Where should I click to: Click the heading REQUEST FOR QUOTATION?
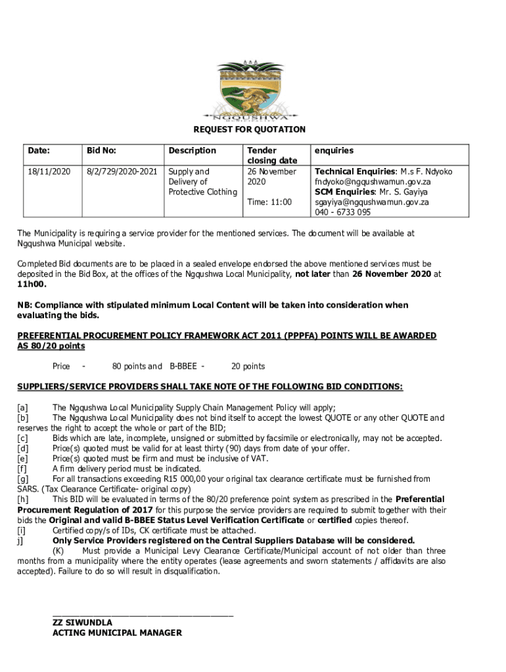tap(249, 130)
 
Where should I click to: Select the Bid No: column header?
tap(102, 150)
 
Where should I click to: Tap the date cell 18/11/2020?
tap(49, 171)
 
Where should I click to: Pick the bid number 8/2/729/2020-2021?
tap(122, 171)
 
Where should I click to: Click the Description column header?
tap(192, 150)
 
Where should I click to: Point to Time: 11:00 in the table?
tap(269, 202)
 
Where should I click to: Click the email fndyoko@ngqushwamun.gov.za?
tap(373, 182)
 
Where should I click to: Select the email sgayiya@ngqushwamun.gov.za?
tap(372, 202)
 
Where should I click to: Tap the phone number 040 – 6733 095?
tap(342, 213)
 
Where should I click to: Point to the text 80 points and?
tap(137, 366)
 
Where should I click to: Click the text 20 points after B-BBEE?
tap(248, 366)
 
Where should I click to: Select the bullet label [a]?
tap(23, 408)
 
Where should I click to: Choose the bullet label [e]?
tap(23, 459)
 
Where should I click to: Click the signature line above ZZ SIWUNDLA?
tap(143, 614)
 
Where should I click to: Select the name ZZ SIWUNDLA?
tap(82, 622)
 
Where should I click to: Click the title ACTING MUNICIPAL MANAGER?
tap(117, 633)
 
